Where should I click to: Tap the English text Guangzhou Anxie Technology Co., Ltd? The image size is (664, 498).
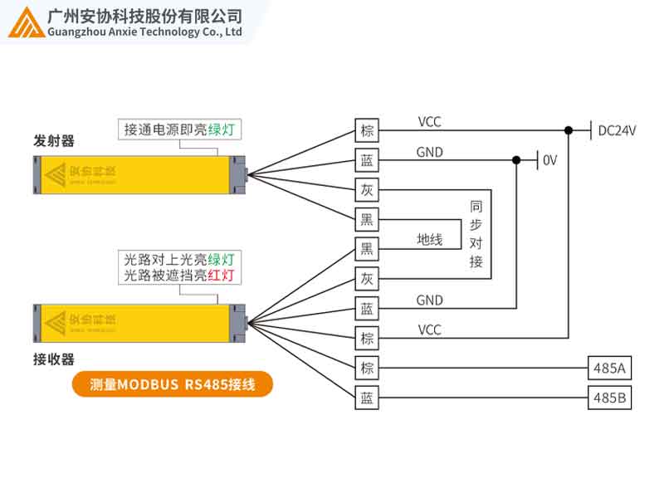tap(145, 32)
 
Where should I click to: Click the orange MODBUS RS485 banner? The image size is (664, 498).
tap(172, 384)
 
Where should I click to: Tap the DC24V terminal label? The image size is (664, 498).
tap(617, 130)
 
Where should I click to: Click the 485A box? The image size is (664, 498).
tap(609, 368)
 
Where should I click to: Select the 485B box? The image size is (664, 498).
tap(609, 398)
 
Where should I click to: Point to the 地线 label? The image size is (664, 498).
tap(429, 240)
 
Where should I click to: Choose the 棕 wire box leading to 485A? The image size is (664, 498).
tap(367, 368)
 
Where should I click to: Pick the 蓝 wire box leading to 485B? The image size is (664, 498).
tap(367, 398)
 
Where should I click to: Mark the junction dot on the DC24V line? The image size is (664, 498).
tap(569, 130)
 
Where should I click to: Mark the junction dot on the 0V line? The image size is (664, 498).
tap(516, 159)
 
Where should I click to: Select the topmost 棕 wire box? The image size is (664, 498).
tap(367, 130)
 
